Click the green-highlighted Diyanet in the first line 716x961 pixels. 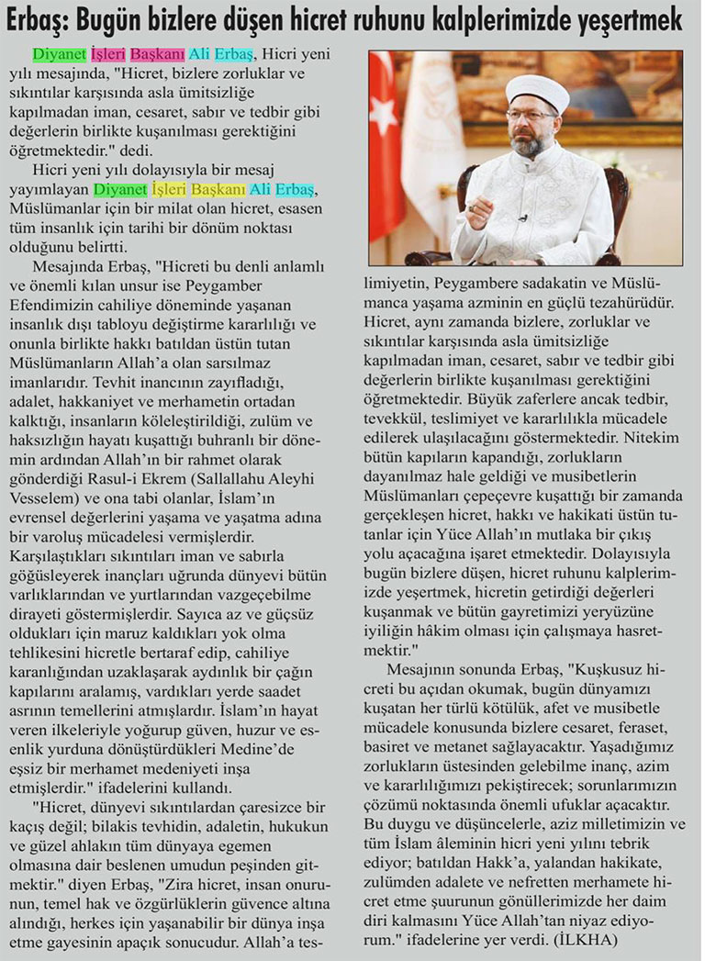coord(61,56)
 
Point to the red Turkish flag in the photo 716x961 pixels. coord(386,147)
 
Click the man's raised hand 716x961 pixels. coord(478,210)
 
